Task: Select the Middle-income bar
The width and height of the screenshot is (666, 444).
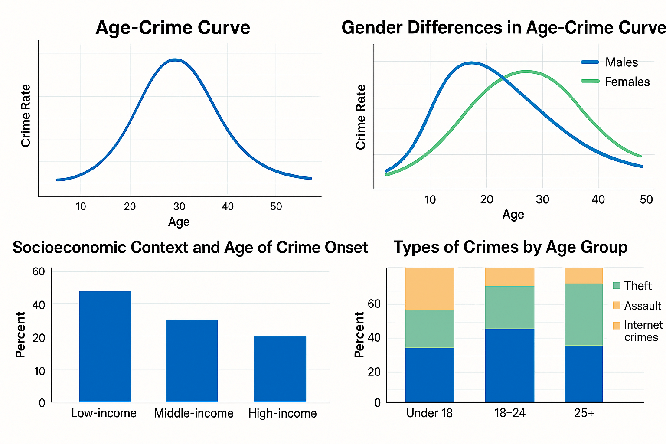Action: click(192, 360)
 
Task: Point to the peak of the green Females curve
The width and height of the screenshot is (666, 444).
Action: click(526, 72)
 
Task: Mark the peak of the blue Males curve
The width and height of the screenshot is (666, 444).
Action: click(471, 63)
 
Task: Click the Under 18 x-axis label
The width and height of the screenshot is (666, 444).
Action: click(429, 413)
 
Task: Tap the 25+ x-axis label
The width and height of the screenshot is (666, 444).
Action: click(584, 413)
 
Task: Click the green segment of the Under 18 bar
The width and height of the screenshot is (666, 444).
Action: click(429, 328)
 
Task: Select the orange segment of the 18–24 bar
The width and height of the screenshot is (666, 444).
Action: click(509, 276)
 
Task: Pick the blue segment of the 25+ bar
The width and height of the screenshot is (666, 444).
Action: click(584, 373)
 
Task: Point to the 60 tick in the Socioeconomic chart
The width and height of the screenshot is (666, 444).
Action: click(39, 271)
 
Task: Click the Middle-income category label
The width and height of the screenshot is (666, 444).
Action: click(193, 413)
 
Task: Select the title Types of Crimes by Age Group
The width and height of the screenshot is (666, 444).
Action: click(510, 247)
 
